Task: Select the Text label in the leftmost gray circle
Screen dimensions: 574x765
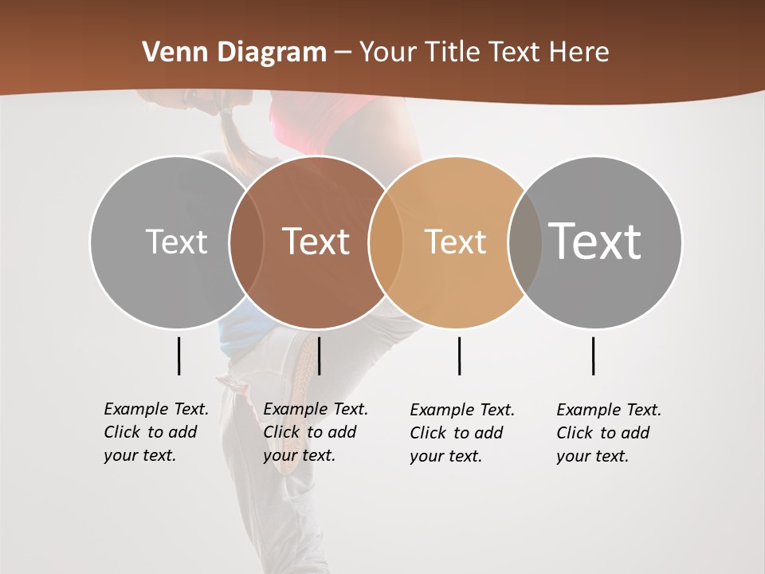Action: (x=176, y=242)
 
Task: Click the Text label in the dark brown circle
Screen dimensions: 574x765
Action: (x=316, y=242)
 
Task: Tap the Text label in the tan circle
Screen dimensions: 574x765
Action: (x=455, y=242)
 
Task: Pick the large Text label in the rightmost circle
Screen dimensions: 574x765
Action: (x=594, y=242)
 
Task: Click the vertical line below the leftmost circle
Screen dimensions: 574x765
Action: (x=178, y=356)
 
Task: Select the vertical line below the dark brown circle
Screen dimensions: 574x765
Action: (x=319, y=356)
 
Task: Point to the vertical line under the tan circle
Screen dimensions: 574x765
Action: (x=459, y=356)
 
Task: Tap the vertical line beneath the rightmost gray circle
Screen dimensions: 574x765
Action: (x=593, y=356)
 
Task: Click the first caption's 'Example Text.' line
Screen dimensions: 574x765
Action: (x=156, y=409)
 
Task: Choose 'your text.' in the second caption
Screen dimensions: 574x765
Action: (x=299, y=456)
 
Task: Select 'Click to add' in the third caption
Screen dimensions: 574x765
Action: (x=457, y=433)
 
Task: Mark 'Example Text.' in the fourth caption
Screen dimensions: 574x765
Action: (x=609, y=410)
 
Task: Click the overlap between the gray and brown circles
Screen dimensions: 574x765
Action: (x=246, y=242)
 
